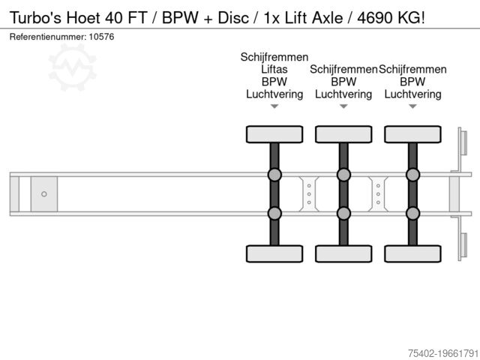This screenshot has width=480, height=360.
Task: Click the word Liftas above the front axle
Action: pos(274,70)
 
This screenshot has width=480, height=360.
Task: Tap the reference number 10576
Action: pos(101,37)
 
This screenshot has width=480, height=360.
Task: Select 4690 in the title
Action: pos(375,18)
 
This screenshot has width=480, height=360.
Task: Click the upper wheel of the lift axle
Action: pos(274,134)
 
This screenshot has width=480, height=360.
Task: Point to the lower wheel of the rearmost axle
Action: pos(412,253)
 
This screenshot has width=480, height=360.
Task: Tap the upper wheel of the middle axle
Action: pos(343,134)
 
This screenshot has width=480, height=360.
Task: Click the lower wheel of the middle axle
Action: pos(343,253)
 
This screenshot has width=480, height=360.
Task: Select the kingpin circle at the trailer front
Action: pos(44,194)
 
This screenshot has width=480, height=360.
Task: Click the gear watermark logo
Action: pos(73,67)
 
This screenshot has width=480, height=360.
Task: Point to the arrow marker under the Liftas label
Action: pos(274,106)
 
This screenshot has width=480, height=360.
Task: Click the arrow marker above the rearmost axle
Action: pos(412,106)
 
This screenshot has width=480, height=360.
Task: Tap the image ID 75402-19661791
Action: pos(443,353)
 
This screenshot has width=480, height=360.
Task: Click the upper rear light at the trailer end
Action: pos(464,142)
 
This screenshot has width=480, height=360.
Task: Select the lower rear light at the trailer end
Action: pos(464,245)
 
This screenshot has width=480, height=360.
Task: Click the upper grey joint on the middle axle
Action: pos(343,175)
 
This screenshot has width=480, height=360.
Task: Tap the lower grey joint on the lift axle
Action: pos(274,213)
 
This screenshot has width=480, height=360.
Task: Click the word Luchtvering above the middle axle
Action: pos(343,94)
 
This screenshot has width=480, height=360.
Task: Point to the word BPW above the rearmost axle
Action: pos(412,82)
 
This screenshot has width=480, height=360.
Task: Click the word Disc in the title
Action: pos(233,18)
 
